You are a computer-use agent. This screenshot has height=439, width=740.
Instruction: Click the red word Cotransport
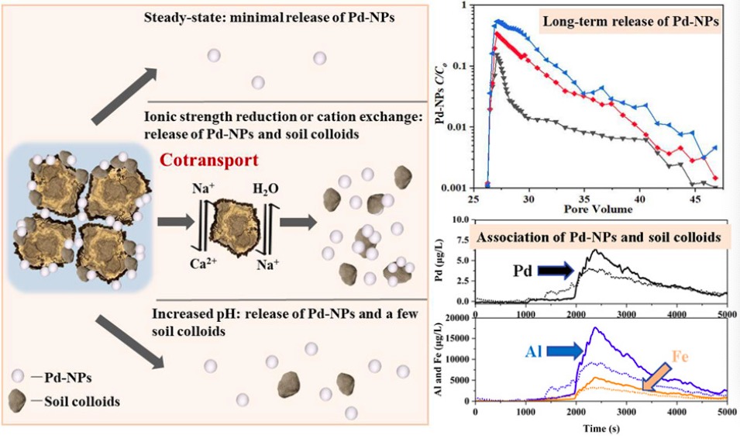(x=209, y=161)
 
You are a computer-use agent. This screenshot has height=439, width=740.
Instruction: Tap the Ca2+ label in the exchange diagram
(x=204, y=263)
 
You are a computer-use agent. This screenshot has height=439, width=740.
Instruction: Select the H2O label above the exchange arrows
(x=266, y=189)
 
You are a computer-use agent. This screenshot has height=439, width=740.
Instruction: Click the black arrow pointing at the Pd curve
(x=556, y=270)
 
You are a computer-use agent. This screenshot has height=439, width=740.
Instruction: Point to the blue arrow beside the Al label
(x=566, y=351)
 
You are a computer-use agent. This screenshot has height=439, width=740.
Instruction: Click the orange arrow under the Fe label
(x=656, y=377)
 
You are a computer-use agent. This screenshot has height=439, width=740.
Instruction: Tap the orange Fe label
(x=680, y=356)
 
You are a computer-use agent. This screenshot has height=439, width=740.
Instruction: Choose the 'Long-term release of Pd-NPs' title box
(x=631, y=21)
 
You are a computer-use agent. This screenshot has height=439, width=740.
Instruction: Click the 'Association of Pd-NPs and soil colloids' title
(x=598, y=237)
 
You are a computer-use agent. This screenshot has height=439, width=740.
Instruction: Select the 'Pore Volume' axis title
(x=598, y=209)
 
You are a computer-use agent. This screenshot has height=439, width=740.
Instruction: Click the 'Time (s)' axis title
(x=601, y=429)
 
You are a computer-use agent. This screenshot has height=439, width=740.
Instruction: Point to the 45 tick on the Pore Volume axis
(x=696, y=199)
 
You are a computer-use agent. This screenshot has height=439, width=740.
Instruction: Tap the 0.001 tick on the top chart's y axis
(x=453, y=188)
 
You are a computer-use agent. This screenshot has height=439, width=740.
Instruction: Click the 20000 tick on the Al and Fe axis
(x=457, y=318)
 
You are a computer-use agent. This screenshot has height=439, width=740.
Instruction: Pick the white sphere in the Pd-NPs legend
(x=18, y=376)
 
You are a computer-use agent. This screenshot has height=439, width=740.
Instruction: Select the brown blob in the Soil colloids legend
(x=18, y=401)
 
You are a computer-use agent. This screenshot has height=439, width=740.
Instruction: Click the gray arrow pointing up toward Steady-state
(x=124, y=96)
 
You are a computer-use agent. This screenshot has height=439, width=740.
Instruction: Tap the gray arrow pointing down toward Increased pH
(x=129, y=342)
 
